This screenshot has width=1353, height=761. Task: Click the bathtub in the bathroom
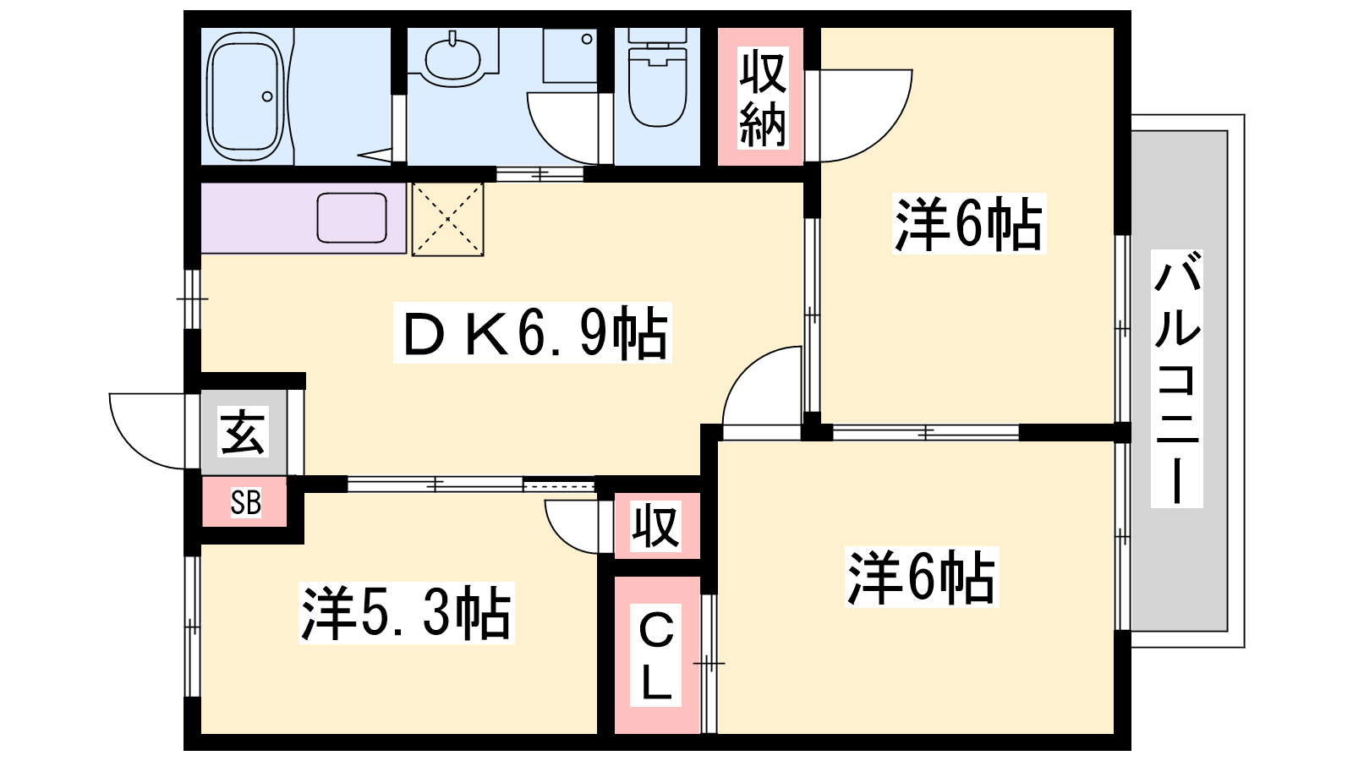[245, 96]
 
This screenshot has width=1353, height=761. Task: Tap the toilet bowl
[657, 85]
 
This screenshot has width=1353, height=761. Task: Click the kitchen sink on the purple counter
[352, 217]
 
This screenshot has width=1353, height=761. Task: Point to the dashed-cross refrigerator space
[447, 219]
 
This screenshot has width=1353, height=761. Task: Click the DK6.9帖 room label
[533, 333]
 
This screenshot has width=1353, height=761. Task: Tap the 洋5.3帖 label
[407, 612]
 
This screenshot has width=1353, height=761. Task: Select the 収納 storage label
[763, 98]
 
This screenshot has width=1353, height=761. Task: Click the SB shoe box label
[246, 502]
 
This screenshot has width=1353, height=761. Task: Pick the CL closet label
[655, 654]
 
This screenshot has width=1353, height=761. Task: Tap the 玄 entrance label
[243, 432]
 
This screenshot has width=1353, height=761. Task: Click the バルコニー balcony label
[1176, 379]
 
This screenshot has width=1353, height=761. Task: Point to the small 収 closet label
[656, 525]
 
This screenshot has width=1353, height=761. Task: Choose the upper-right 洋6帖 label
[969, 223]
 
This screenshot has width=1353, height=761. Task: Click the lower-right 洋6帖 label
[922, 577]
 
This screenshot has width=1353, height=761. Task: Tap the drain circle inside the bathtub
[267, 96]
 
